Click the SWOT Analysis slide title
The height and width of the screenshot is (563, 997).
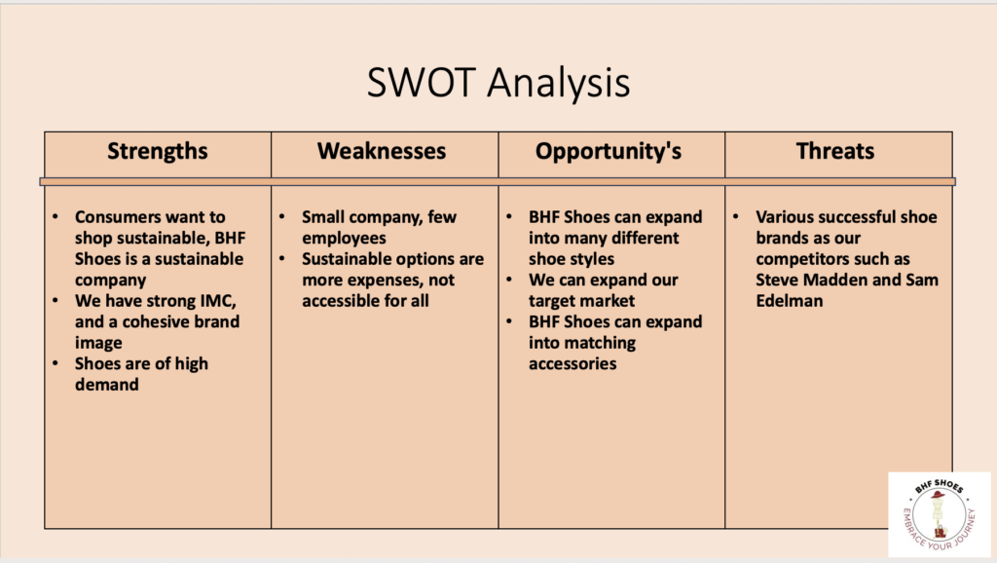pos(498,83)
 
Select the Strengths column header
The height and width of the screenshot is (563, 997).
pos(157,151)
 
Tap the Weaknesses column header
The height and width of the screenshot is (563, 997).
pos(382,151)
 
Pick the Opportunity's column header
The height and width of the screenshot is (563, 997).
pos(609,151)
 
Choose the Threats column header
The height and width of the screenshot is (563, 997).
pos(834,151)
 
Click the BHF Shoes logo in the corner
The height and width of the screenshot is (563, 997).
pos(940,514)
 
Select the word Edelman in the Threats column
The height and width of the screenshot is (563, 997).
pos(789,301)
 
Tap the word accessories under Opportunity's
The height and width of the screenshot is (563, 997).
pos(572,364)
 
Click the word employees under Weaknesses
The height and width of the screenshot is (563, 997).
pos(344,239)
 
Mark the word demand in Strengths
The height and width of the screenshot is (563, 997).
pos(107,385)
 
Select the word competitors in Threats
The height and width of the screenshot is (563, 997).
pos(832,259)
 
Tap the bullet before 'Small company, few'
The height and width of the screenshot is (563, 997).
pos(282,217)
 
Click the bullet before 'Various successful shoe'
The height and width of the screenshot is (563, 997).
pos(736,217)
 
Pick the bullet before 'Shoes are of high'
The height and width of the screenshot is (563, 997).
pos(55,364)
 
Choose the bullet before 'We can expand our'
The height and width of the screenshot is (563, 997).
pos(509,280)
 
